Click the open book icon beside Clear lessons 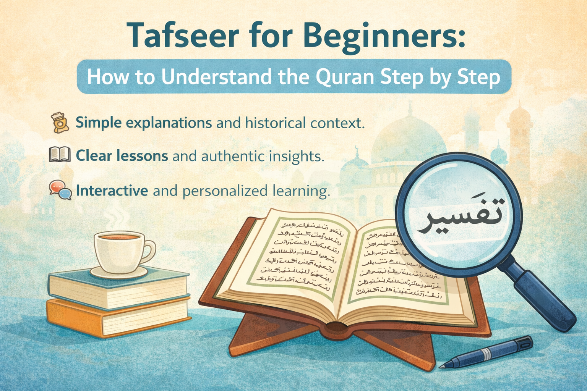tap(60, 155)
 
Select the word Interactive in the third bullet tap(112, 190)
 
